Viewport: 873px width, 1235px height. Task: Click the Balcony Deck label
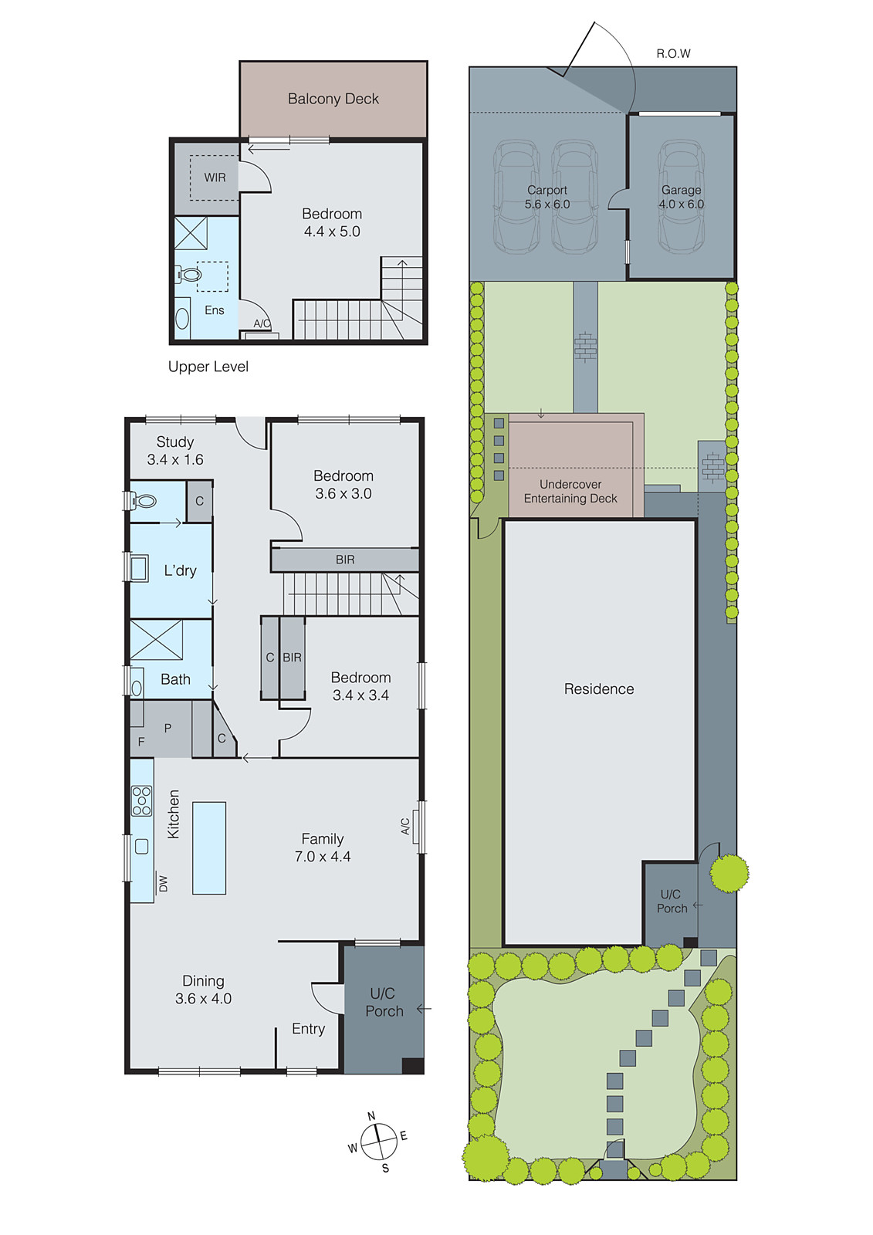tap(333, 99)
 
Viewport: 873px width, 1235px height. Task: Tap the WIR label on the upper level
tap(215, 178)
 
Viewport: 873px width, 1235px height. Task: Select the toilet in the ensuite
tap(190, 275)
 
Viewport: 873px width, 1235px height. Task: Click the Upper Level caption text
tap(208, 367)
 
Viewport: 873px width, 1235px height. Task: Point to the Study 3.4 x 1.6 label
tap(175, 451)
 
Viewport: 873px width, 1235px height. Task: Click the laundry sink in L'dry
tap(139, 568)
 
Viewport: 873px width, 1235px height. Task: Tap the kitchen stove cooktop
tap(141, 801)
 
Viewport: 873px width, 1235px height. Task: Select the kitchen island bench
tap(209, 848)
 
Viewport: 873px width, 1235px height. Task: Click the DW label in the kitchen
tap(163, 884)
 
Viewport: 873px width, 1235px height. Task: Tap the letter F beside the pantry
tap(141, 742)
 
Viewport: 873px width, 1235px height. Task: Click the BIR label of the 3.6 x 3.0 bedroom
tap(345, 560)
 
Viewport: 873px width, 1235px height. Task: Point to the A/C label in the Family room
tap(405, 827)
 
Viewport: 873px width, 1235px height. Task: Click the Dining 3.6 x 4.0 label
tap(203, 990)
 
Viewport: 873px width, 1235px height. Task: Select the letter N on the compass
tap(371, 1116)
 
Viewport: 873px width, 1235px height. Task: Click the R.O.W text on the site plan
tap(673, 53)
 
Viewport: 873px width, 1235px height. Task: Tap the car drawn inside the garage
tap(681, 197)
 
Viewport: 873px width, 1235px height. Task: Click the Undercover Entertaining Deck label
tap(570, 491)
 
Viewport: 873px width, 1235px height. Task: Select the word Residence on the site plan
tap(599, 689)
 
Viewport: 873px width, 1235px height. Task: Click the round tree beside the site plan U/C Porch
tap(729, 873)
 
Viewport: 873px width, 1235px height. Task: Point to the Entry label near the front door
tap(308, 1029)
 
